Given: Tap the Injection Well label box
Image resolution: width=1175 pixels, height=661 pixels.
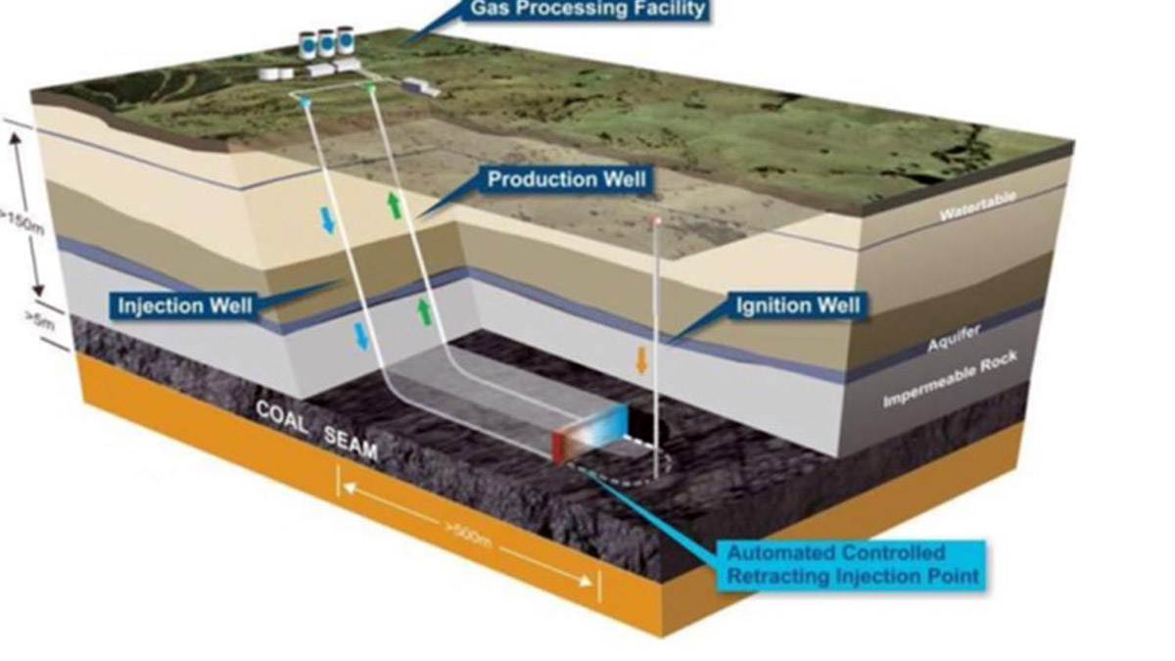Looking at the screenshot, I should (x=185, y=307).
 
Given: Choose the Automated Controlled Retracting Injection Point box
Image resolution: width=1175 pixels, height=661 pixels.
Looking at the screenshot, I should (x=851, y=564).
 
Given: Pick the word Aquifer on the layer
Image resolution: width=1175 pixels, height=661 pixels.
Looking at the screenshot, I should (x=951, y=343).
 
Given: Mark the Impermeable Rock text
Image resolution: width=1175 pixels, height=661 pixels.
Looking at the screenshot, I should (x=950, y=381).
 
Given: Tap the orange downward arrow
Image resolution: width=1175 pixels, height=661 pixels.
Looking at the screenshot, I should (x=641, y=359).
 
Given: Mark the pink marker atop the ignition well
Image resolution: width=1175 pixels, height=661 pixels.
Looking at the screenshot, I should (x=656, y=221).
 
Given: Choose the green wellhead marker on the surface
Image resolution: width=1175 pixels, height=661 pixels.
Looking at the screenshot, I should (x=370, y=89).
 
